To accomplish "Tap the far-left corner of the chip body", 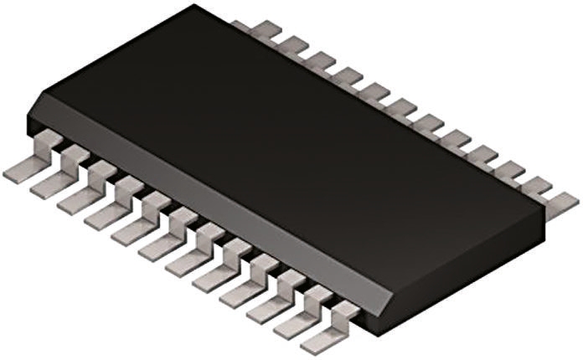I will click(27, 117).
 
